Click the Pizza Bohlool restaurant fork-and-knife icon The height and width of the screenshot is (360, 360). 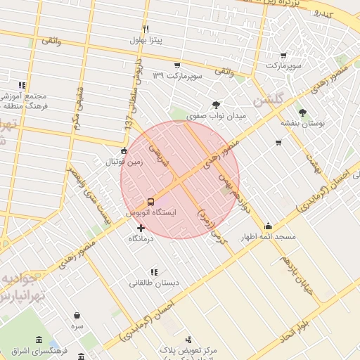[x=146, y=30]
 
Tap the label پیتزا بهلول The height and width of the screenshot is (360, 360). [x=146, y=40]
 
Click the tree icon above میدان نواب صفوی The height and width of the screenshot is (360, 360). [x=216, y=104]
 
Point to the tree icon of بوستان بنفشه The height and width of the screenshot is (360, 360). [x=302, y=112]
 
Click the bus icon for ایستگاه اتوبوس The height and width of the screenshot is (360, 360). [x=150, y=202]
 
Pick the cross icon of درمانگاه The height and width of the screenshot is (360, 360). [x=141, y=228]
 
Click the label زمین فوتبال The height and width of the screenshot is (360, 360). [x=124, y=161]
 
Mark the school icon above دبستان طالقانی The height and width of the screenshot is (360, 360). [x=153, y=272]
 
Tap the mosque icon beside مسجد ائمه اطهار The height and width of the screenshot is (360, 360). [x=268, y=226]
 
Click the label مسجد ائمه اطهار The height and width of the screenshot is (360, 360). [x=269, y=237]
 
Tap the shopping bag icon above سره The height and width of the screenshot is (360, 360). [x=76, y=315]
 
